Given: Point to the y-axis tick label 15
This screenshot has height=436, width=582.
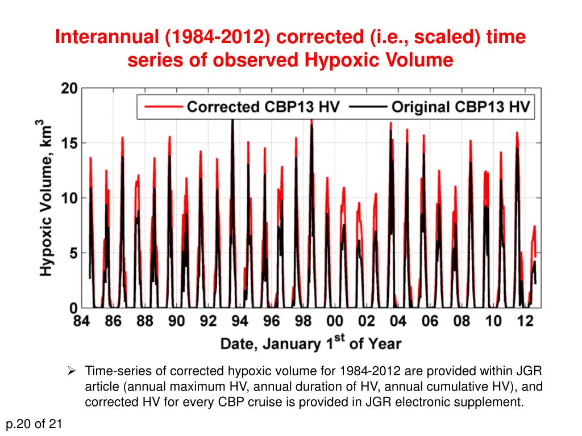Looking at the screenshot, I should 68,143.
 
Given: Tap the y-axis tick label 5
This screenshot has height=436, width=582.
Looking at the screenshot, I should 73,253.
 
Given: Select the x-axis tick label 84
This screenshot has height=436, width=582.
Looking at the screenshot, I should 82,321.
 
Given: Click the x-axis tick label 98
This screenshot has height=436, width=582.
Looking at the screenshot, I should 304,321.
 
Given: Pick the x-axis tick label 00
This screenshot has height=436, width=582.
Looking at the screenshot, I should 335,321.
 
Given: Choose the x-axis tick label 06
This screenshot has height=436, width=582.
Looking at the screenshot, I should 430,321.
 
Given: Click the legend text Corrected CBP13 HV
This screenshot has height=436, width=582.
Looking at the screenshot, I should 263,107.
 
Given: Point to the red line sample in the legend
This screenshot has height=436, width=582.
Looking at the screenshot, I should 162,107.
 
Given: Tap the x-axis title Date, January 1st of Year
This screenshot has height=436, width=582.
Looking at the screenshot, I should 310,342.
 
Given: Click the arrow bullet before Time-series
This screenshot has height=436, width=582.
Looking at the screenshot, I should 72,372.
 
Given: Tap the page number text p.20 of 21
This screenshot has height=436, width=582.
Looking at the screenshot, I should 34,424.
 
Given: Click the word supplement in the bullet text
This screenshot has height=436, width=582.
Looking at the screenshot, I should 492,403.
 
